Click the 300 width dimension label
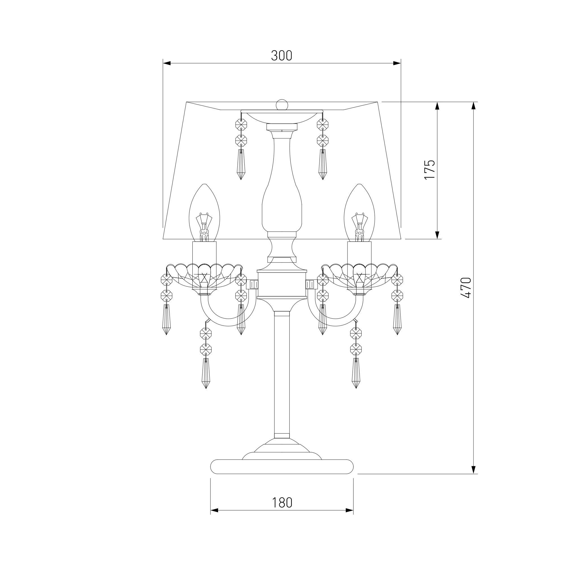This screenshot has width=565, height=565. (x=282, y=56)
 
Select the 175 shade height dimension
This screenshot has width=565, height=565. (x=430, y=170)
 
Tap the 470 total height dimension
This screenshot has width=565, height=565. (x=466, y=288)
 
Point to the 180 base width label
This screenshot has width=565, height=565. (x=282, y=502)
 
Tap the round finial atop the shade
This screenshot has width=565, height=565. (x=282, y=105)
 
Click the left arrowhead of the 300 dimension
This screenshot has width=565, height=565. (x=167, y=63)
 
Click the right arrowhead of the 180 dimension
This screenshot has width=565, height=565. (x=350, y=518)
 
